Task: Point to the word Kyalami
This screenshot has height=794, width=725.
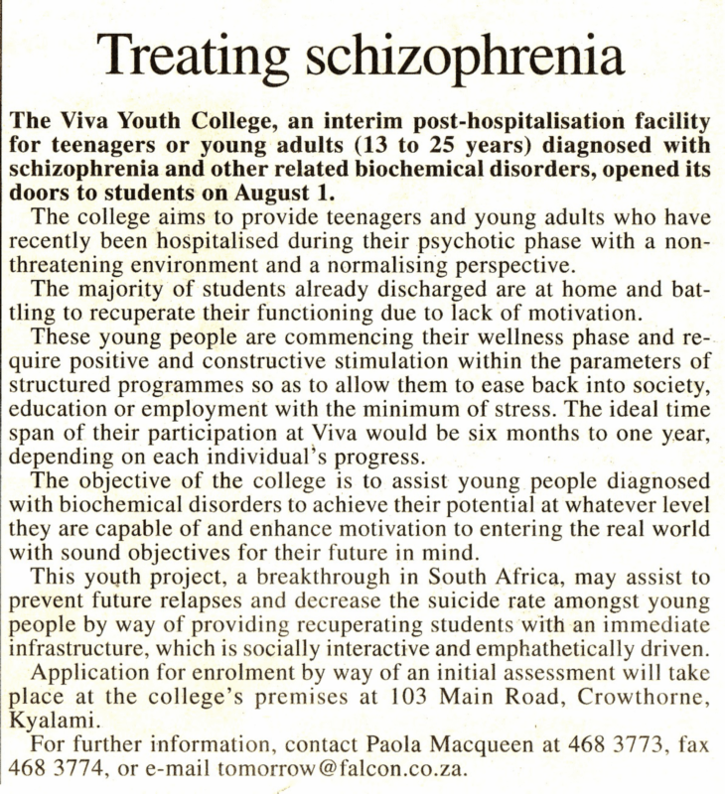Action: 48,720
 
